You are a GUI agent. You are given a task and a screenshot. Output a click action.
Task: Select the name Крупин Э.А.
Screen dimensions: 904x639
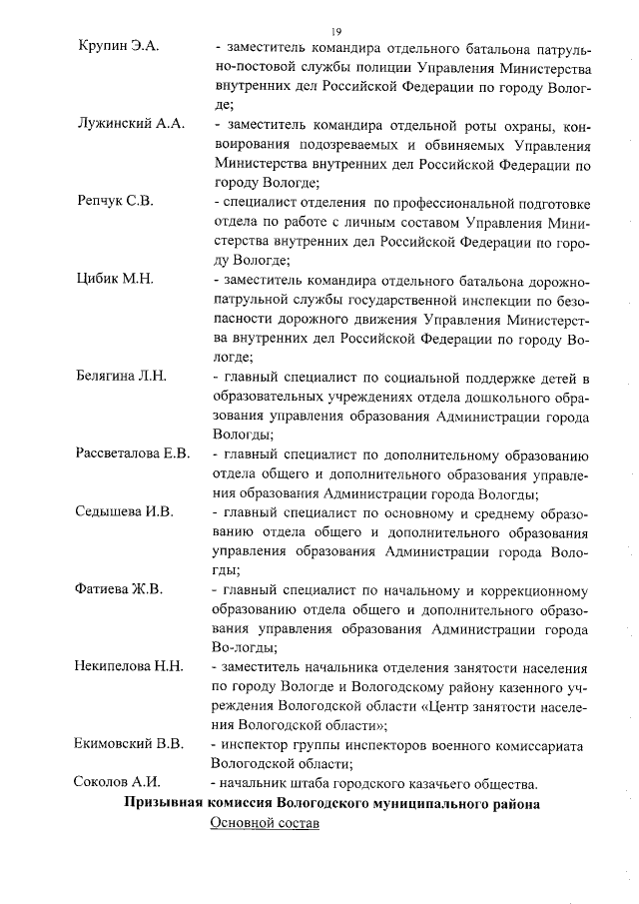coord(118,47)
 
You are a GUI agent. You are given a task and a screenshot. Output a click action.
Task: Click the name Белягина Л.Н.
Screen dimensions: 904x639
coord(121,376)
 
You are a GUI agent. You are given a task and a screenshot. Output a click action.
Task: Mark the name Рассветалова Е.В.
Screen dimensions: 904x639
coord(133,453)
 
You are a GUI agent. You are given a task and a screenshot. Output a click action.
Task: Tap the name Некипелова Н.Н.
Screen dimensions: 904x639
coord(129,665)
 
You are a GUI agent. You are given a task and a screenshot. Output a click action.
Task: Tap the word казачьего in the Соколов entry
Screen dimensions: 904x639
coord(437,783)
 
